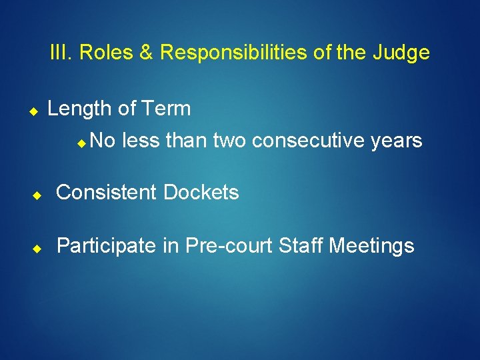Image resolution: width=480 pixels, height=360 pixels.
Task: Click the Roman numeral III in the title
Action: [x=61, y=53]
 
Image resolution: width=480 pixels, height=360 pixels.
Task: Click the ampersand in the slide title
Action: [x=146, y=53]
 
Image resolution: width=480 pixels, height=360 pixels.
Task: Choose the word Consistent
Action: [x=107, y=193]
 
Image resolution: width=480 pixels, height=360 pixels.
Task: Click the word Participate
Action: [x=107, y=247]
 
